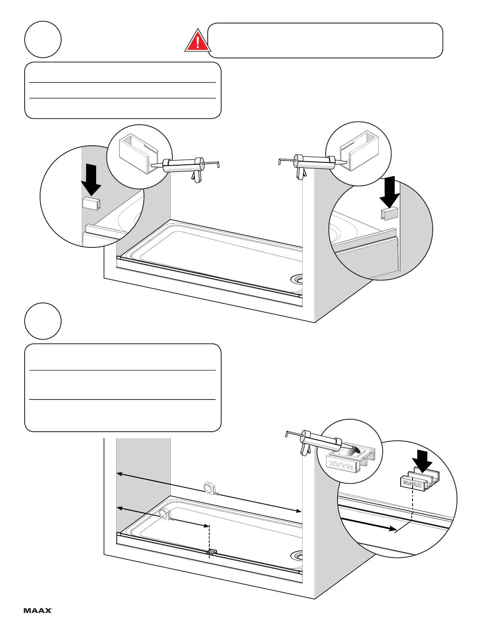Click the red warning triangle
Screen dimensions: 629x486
tap(197, 42)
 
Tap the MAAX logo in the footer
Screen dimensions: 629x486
tap(38, 610)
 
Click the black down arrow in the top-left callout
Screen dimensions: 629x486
tap(91, 180)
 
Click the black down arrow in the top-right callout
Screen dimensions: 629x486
tap(390, 191)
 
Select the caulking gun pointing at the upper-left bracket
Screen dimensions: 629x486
tap(187, 166)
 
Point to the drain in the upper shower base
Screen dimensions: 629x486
tap(297, 279)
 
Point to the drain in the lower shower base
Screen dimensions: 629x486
tap(297, 555)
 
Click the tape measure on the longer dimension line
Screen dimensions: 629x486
tap(209, 488)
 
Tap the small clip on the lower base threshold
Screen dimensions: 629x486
tap(211, 552)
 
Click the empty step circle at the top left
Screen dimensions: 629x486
tap(43, 39)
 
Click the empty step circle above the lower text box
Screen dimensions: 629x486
tap(43, 321)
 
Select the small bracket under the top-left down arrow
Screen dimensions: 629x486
tap(91, 203)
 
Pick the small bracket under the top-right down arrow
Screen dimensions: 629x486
tap(389, 214)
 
